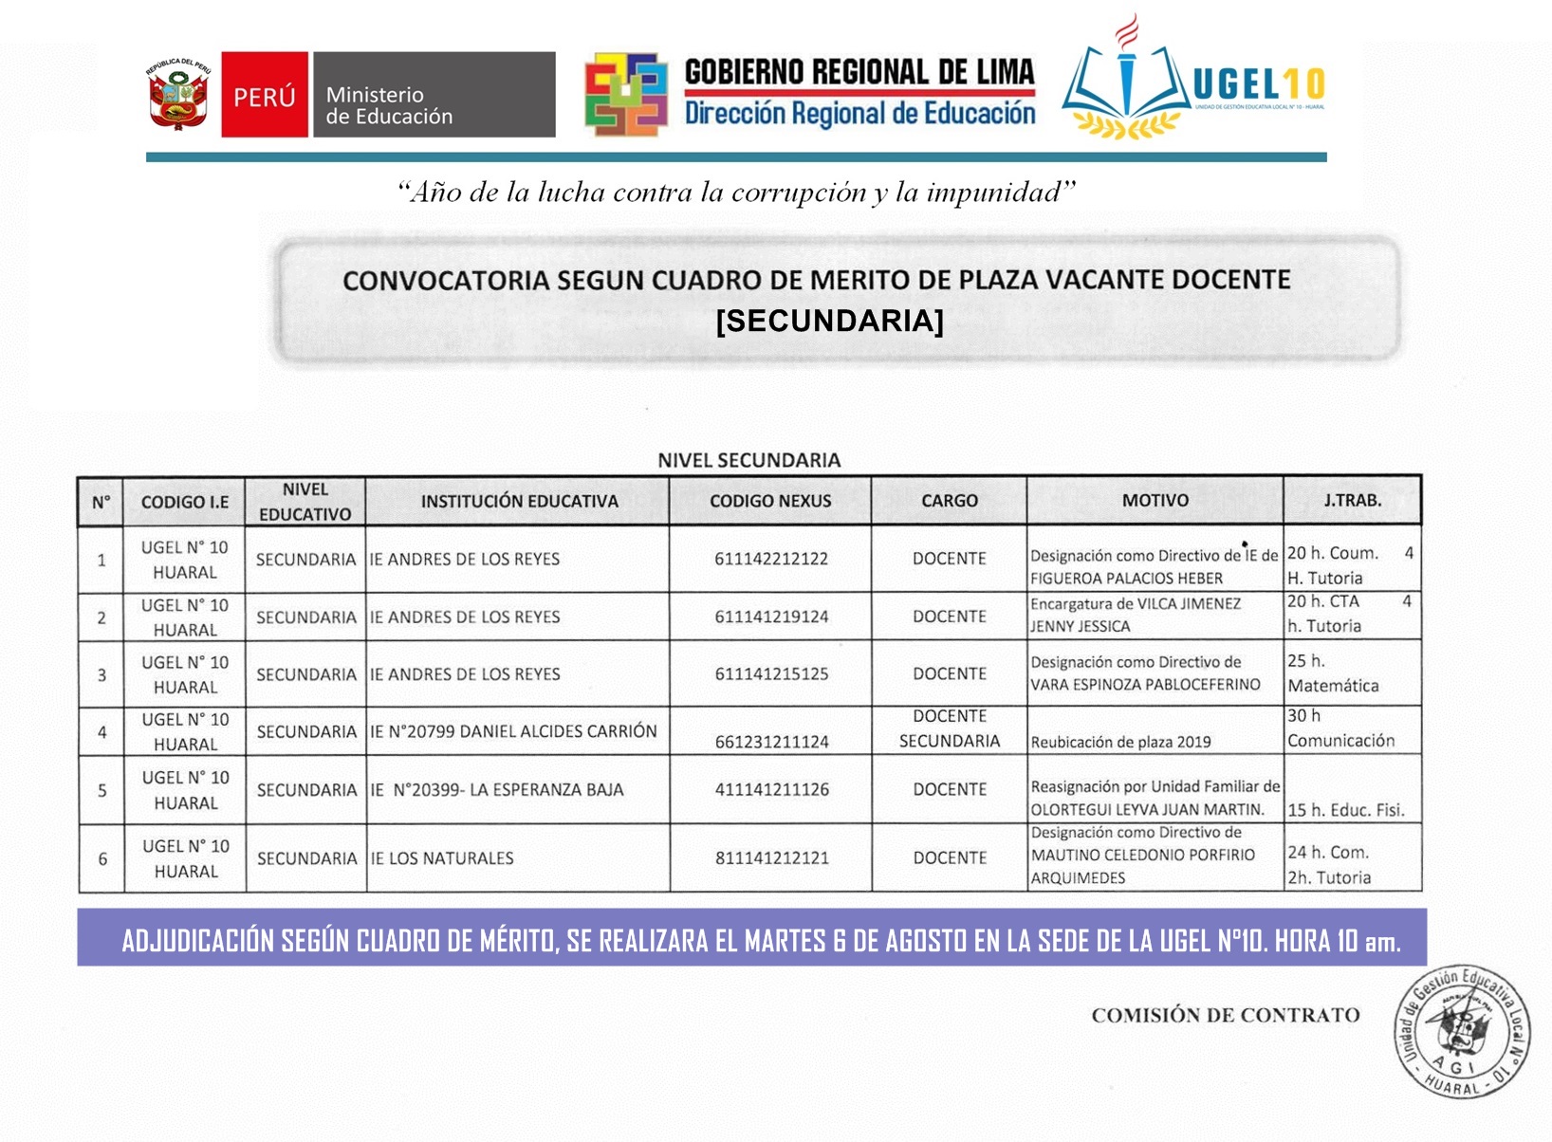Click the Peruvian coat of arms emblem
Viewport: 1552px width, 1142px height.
177,94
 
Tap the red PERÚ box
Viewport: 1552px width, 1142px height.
265,95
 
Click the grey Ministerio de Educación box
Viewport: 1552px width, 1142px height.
434,95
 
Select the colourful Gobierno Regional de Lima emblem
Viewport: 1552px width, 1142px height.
625,95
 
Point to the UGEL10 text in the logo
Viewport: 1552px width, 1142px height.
1257,85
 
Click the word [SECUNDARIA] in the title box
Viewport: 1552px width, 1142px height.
829,322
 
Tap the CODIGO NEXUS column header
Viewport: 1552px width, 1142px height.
769,501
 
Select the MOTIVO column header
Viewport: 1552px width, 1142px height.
1155,500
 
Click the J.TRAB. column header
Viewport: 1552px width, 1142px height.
1352,500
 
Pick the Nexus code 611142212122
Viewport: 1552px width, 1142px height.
770,559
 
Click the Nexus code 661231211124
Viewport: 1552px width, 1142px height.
771,742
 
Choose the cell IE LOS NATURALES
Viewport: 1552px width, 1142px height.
442,858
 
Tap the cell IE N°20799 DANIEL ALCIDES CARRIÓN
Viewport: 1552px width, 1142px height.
513,731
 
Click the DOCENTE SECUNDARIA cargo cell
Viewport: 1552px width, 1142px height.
949,728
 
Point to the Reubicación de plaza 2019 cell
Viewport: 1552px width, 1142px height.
1120,742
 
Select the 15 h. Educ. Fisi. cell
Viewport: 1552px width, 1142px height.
1345,810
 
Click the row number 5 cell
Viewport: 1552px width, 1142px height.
102,790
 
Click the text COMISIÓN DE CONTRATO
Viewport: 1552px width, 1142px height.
1225,1015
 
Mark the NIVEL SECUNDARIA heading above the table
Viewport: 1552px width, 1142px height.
748,460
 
